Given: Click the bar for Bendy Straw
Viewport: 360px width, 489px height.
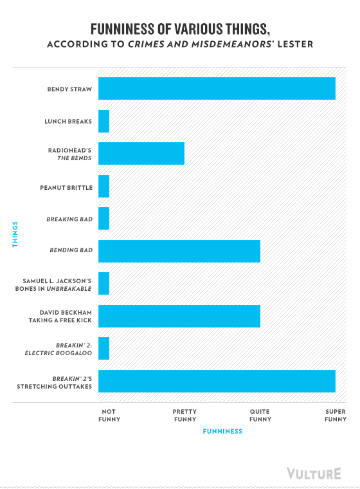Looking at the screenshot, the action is (x=217, y=89).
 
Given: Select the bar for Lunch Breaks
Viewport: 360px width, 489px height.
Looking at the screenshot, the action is (x=104, y=122).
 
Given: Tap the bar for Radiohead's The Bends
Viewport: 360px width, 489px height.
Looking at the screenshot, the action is (x=141, y=153).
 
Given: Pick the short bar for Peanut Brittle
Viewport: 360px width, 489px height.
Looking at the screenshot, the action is (x=104, y=186).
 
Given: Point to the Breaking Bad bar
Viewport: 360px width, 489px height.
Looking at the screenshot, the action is (x=104, y=218).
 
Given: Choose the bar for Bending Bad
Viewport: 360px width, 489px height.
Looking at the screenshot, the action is (x=179, y=251).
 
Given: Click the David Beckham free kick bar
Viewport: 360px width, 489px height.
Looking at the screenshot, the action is (x=179, y=316).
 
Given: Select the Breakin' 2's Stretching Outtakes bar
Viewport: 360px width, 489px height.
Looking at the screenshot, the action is (x=217, y=381).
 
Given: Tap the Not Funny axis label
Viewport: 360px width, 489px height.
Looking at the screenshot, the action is (x=109, y=416).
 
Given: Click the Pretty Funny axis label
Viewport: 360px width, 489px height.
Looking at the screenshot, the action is (x=185, y=416).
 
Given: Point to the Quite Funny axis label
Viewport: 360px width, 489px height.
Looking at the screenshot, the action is (x=260, y=416).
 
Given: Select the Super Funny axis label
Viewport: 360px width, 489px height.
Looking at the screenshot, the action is (x=336, y=416).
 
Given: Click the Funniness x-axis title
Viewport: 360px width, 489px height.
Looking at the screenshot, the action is (x=222, y=431).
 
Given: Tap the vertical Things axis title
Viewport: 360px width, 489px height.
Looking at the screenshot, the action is (x=15, y=234).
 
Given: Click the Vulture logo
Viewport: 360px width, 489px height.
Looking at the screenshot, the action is (x=314, y=474).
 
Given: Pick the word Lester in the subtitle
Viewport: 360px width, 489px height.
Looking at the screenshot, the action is (x=295, y=44).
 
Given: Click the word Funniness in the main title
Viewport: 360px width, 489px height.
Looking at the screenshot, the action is (x=123, y=30).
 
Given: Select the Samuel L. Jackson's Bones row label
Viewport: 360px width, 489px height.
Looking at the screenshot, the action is (x=53, y=285).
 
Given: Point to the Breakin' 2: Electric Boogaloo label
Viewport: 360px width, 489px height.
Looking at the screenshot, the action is (x=59, y=349).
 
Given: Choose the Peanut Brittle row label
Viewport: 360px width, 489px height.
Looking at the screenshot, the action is (x=66, y=188).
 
